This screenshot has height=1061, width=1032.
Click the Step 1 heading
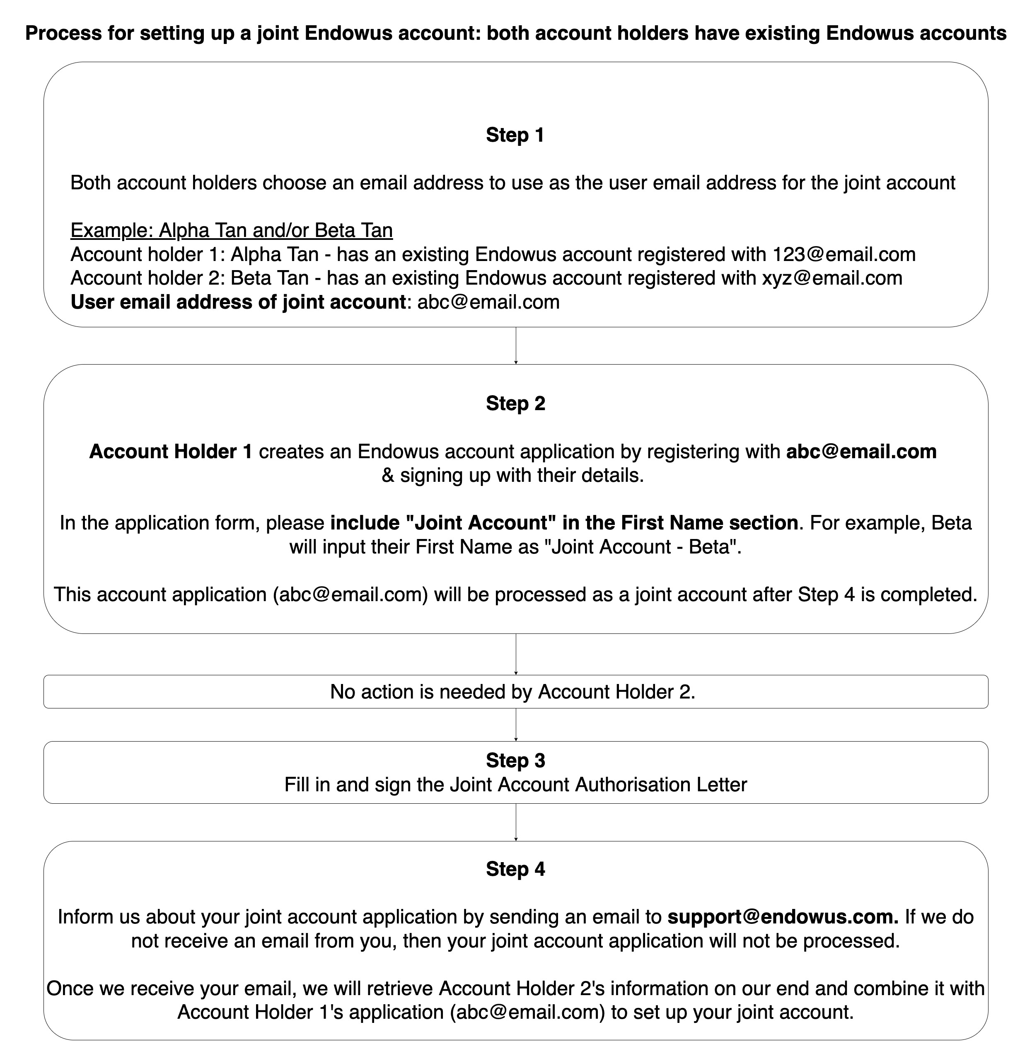coord(515,135)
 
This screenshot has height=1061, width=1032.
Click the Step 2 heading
coord(515,403)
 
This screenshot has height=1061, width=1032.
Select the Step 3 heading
coord(515,760)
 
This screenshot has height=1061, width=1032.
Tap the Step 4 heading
coord(515,869)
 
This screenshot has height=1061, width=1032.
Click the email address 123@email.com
coord(844,254)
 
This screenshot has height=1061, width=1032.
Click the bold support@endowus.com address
coord(783,916)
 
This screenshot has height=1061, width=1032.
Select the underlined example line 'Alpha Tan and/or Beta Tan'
coord(232,230)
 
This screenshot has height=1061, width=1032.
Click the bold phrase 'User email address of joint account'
coord(238,302)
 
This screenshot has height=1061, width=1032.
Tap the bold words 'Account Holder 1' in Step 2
coord(171,452)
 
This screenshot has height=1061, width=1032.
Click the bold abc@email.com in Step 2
coord(861,452)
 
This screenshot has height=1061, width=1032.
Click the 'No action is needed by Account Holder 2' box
coord(515,691)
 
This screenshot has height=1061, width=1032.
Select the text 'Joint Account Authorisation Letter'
coord(598,784)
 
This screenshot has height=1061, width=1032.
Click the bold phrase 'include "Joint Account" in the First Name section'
coord(564,523)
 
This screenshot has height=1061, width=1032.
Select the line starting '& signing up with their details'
coord(513,475)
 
